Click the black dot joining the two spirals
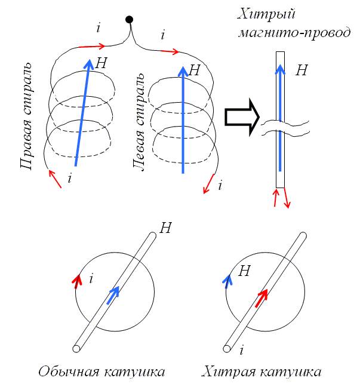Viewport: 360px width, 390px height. [x=128, y=20]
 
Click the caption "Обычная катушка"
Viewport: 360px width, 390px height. [x=101, y=372]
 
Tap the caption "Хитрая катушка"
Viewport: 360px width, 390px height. [x=262, y=372]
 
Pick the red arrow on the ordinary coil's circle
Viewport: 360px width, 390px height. [x=76, y=281]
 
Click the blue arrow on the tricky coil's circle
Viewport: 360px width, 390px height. [x=227, y=281]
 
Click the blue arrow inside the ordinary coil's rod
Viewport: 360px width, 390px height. [x=113, y=296]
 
